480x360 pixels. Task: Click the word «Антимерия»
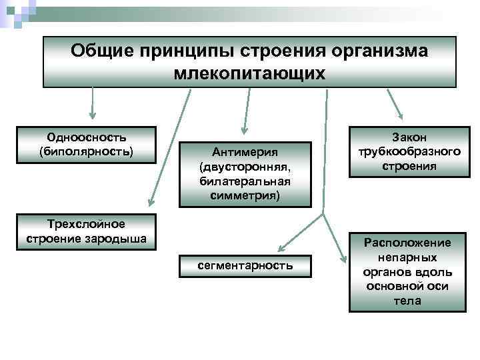pyautogui.click(x=245, y=152)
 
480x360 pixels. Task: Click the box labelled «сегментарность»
pyautogui.click(x=245, y=265)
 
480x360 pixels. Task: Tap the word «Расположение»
pyautogui.click(x=407, y=243)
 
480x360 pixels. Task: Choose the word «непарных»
pyautogui.click(x=407, y=257)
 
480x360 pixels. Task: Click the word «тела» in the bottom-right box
pyautogui.click(x=407, y=301)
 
